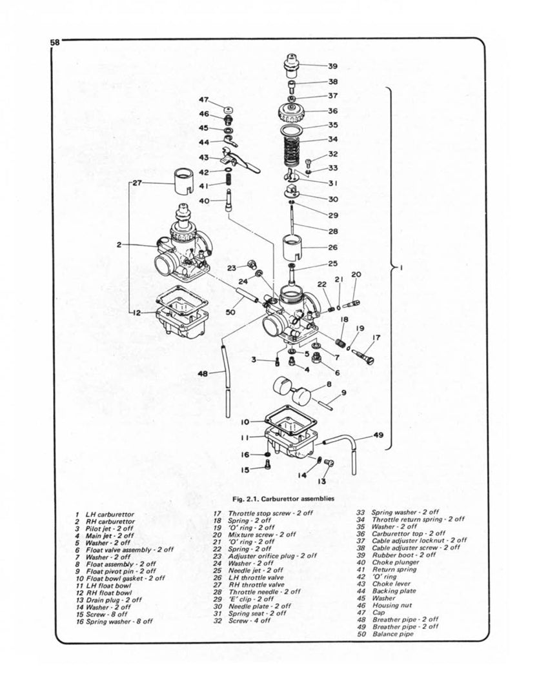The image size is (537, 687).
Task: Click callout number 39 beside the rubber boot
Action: pyautogui.click(x=332, y=66)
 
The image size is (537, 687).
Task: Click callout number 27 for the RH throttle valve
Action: pyautogui.click(x=139, y=183)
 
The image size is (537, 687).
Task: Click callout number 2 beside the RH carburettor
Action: pyautogui.click(x=119, y=244)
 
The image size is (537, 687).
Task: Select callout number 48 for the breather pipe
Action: pyautogui.click(x=203, y=372)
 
